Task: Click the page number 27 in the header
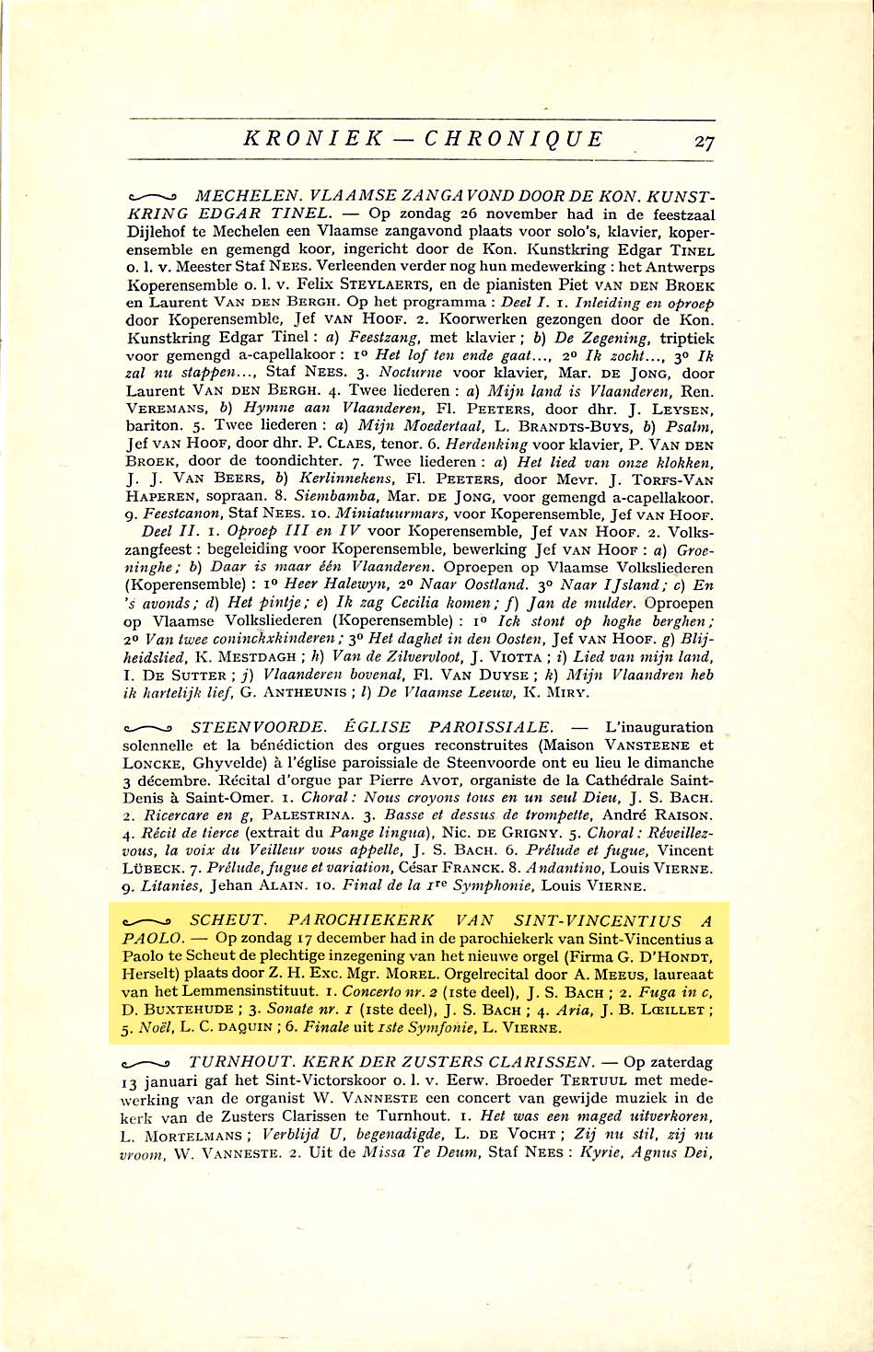(x=705, y=142)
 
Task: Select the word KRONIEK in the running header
(x=313, y=139)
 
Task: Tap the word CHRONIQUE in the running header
(x=513, y=139)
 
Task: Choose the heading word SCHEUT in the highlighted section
(x=227, y=920)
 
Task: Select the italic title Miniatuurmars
(x=390, y=514)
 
